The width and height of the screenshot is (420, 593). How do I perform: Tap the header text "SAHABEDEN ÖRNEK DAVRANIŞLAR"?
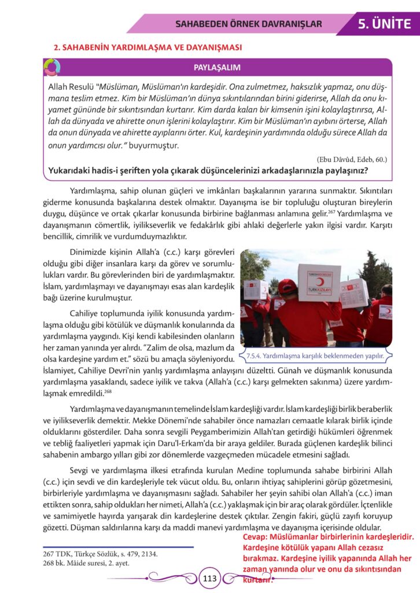248,24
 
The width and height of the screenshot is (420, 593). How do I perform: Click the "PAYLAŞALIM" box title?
217,68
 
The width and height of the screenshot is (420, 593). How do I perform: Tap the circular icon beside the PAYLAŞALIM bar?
51,67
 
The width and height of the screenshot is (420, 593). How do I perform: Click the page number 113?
209,577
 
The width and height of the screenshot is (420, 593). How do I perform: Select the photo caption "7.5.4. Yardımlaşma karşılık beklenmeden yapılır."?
315,356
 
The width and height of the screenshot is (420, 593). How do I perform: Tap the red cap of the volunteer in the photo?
288,285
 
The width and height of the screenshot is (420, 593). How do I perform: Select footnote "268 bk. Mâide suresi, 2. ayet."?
86,562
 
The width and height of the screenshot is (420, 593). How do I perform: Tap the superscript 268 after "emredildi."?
108,392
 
